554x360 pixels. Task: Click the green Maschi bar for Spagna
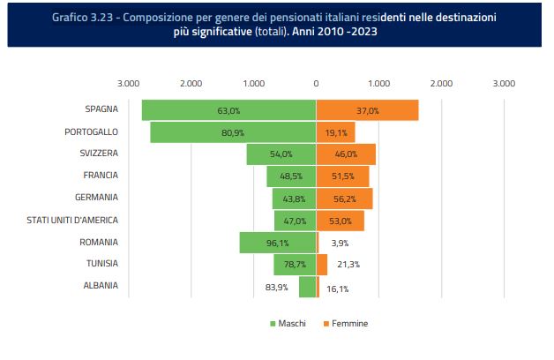point(228,110)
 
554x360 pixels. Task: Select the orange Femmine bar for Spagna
point(367,110)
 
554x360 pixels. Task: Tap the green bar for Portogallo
point(233,132)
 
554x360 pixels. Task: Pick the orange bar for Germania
point(344,199)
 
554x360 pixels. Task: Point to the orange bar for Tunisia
point(321,264)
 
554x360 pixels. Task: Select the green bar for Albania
point(307,286)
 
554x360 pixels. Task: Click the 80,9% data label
point(233,132)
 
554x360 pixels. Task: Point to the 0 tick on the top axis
point(316,84)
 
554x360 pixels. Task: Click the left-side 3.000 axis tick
point(129,84)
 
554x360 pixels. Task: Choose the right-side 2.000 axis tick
point(441,84)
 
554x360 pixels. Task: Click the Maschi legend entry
point(288,324)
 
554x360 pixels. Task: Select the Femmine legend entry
point(345,324)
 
